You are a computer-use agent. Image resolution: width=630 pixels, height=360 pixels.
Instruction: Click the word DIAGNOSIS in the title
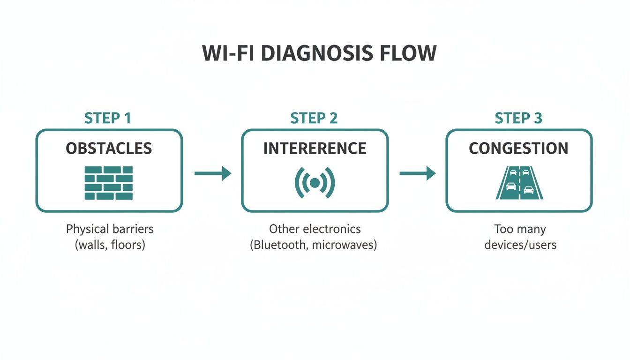tap(316, 53)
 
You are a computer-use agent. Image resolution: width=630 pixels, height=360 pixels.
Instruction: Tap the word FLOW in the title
tap(407, 53)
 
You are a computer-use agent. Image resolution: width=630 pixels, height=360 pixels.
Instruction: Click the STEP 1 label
tap(108, 118)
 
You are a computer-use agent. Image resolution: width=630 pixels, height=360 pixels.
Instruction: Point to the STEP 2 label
tap(314, 118)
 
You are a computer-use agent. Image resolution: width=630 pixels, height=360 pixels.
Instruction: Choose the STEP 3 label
tap(518, 118)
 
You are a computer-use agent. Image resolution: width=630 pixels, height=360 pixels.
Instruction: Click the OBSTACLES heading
tap(109, 149)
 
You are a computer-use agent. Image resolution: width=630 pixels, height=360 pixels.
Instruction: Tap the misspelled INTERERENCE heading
tap(315, 149)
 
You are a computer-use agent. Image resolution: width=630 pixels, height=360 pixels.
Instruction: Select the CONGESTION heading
tap(518, 149)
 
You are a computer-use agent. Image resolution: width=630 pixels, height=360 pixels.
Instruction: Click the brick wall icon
tap(109, 183)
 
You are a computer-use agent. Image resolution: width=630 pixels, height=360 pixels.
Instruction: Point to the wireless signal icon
tap(315, 182)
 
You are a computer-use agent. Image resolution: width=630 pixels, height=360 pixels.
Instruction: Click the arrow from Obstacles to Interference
tap(213, 173)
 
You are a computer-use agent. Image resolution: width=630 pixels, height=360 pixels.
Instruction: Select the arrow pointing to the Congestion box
tap(417, 173)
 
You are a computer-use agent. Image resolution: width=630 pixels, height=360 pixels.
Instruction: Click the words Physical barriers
tap(110, 229)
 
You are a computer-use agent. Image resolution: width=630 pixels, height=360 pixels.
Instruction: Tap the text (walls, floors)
tap(110, 245)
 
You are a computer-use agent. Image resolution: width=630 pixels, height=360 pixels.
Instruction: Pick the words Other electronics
tap(315, 229)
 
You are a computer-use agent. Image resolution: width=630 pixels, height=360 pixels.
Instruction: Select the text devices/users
tap(520, 245)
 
